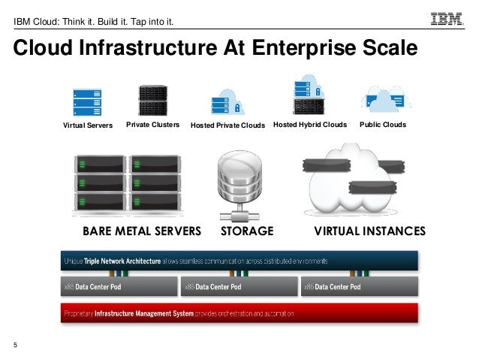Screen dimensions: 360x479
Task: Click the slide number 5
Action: point(15,345)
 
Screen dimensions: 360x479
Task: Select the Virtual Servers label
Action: point(87,126)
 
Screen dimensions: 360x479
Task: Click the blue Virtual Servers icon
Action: point(86,101)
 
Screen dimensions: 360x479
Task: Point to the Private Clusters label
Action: point(153,125)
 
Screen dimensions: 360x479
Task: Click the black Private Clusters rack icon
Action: point(153,99)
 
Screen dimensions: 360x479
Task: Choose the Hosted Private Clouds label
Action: point(228,126)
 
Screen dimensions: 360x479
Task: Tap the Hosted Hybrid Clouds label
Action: point(309,125)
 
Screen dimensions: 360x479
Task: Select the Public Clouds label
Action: point(383,125)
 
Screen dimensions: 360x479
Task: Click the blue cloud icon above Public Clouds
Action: point(384,99)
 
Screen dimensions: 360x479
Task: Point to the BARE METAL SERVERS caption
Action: point(142,230)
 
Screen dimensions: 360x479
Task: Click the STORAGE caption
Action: point(247,230)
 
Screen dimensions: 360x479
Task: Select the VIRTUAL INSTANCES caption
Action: point(369,230)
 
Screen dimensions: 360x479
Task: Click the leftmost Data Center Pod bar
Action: point(119,287)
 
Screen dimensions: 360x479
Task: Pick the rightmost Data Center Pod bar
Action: point(359,287)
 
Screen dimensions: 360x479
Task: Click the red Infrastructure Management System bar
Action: point(239,313)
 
